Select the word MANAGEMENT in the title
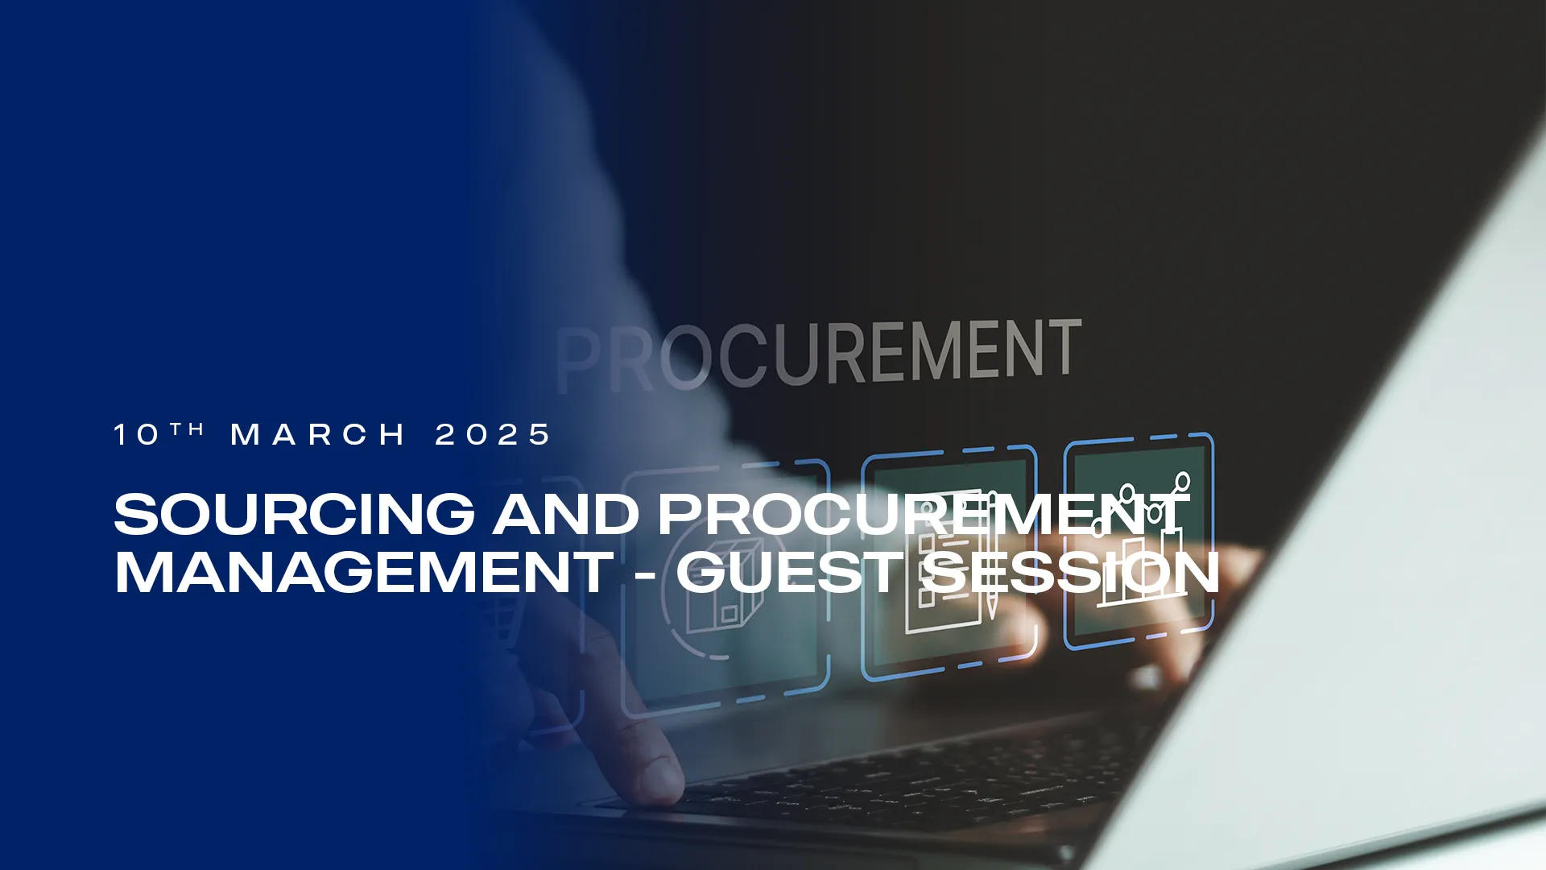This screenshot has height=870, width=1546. pos(364,573)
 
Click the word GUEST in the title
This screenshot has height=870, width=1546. pos(790,573)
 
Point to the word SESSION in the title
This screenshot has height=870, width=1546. pos(1069,573)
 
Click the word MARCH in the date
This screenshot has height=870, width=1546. pos(318,435)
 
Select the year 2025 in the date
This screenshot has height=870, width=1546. pos(493,435)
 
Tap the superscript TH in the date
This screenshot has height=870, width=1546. pos(187,429)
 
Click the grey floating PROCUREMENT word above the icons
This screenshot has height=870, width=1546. pos(818,353)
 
